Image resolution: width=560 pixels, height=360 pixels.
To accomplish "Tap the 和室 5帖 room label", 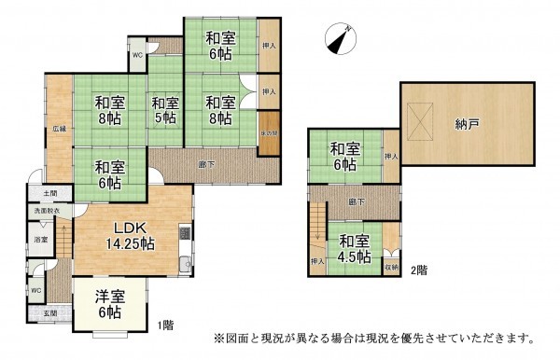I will tap(165, 110).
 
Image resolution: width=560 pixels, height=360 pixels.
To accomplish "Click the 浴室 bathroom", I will tap(42, 240).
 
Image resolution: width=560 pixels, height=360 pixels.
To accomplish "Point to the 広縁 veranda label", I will tap(58, 130).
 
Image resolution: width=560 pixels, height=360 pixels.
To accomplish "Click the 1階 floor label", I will tap(165, 325).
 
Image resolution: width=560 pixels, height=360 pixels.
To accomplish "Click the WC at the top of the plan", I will tap(136, 55).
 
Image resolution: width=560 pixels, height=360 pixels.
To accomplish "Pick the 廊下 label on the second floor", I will tap(356, 201).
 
